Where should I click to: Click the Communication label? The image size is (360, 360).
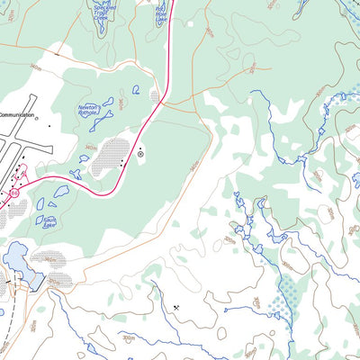(x=17, y=116)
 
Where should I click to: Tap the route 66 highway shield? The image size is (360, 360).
(x=13, y=193)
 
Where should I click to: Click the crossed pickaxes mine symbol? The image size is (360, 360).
(x=176, y=308)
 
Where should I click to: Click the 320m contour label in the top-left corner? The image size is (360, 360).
(x=8, y=15)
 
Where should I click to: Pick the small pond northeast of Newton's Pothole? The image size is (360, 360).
(x=135, y=89)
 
